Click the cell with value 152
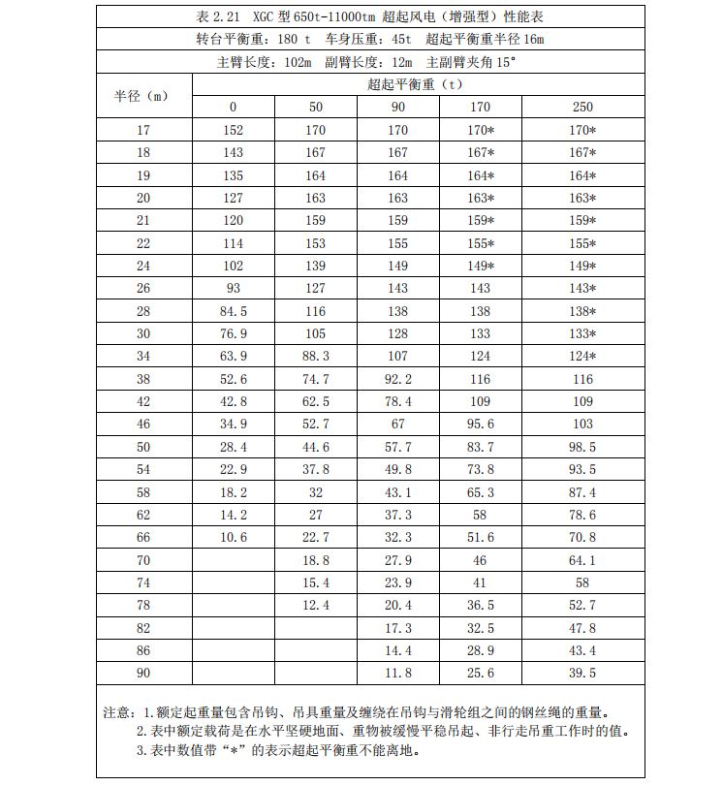[x=233, y=130]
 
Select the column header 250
[x=582, y=107]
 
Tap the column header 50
[x=316, y=107]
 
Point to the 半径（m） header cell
[x=143, y=96]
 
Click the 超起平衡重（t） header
[x=415, y=84]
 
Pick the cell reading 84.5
[x=233, y=311]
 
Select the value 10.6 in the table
[x=233, y=537]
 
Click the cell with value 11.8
[x=398, y=673]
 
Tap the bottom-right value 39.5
[x=582, y=673]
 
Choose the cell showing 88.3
[x=316, y=357]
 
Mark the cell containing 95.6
[x=481, y=424]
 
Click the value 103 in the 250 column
[x=582, y=424]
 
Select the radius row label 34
[x=143, y=357]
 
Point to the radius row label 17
[x=143, y=130]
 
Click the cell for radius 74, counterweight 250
[x=582, y=582]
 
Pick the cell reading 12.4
[x=316, y=605]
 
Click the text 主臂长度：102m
[x=265, y=62]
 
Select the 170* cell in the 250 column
[x=582, y=130]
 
